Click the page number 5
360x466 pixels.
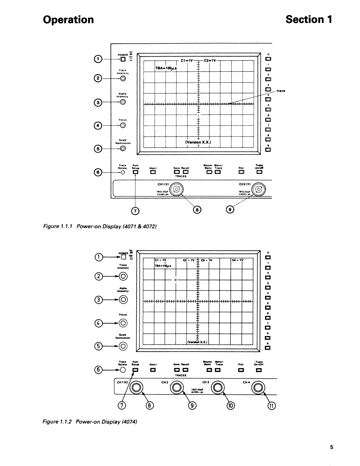click(x=332, y=447)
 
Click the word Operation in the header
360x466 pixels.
click(x=68, y=20)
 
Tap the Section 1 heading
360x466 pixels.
click(x=309, y=20)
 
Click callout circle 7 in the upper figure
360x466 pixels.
click(x=135, y=210)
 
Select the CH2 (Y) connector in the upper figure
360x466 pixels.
click(x=259, y=189)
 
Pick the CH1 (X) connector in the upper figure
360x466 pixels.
click(x=176, y=189)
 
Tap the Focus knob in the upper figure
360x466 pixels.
click(x=123, y=125)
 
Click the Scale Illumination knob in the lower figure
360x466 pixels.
click(x=123, y=346)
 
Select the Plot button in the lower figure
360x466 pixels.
click(x=241, y=370)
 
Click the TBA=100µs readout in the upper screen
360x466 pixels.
click(x=166, y=68)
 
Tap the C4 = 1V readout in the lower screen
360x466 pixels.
click(x=238, y=260)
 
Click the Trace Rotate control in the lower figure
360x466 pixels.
click(x=123, y=370)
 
